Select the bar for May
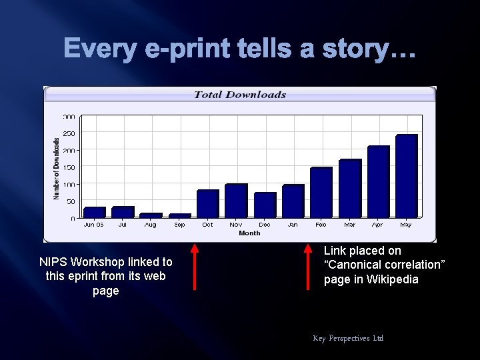tap(406, 176)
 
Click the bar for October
tap(208, 203)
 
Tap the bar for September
tap(180, 215)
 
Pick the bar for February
tap(321, 192)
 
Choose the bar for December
tap(265, 205)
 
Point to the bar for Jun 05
tap(95, 212)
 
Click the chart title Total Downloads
tap(239, 95)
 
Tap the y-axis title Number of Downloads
tap(56, 168)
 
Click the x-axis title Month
tap(249, 233)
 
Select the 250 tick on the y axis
tap(69, 133)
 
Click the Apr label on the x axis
tap(378, 225)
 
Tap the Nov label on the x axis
tap(236, 225)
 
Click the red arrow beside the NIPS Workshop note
tap(195, 267)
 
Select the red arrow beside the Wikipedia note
tap(308, 267)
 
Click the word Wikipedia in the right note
tap(393, 279)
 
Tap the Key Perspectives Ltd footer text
tap(348, 338)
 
